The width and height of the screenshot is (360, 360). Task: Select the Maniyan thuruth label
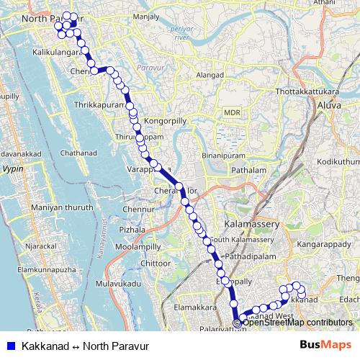point(63,207)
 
